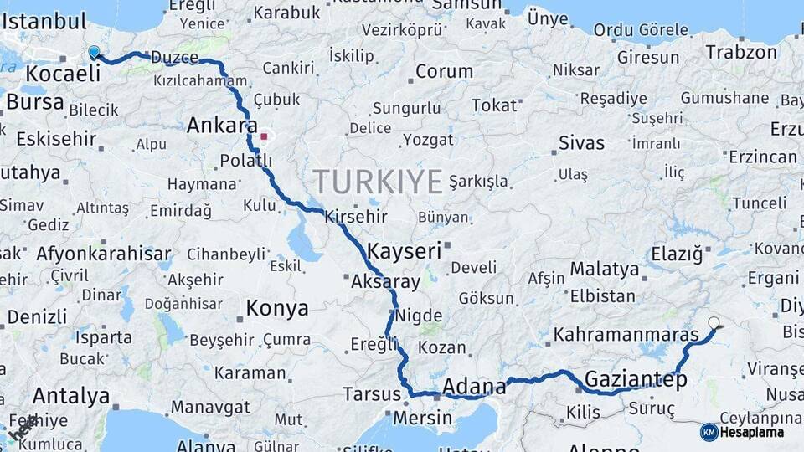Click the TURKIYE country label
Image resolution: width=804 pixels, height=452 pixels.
[x=378, y=182]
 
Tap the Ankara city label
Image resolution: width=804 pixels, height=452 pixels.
[x=222, y=126]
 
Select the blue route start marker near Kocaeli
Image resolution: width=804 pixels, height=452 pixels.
[x=94, y=53]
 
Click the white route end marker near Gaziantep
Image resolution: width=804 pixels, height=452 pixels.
[x=714, y=322]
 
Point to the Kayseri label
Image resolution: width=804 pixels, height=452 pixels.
[x=404, y=250]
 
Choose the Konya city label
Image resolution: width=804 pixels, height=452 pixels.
[x=277, y=309]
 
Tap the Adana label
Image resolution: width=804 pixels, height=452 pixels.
[x=474, y=386]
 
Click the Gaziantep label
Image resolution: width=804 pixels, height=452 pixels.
[x=636, y=379]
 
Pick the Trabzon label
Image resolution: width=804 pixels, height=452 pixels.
[x=741, y=52]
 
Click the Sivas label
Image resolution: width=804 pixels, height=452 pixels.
[x=581, y=142]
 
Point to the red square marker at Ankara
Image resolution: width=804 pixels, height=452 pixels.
[x=264, y=136]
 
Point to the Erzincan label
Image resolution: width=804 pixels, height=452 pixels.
[x=763, y=157]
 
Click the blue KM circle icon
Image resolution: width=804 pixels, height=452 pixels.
[x=709, y=432]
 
